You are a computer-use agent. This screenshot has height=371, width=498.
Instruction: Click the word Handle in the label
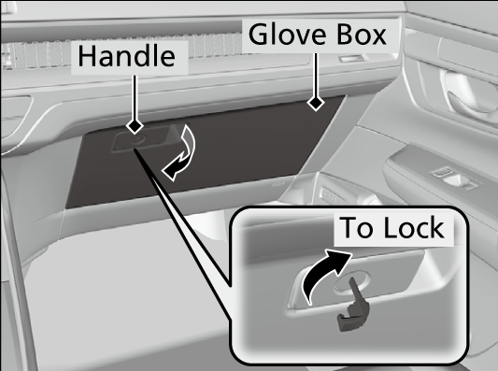[x=126, y=56]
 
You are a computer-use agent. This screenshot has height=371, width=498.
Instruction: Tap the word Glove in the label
[x=288, y=34]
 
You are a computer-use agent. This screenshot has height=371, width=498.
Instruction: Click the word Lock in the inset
[x=414, y=227]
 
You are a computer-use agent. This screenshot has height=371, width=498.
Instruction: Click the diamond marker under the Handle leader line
[x=135, y=126]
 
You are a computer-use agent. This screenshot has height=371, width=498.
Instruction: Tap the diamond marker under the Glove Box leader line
[x=316, y=103]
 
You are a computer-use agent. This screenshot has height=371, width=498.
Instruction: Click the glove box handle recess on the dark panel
[x=143, y=140]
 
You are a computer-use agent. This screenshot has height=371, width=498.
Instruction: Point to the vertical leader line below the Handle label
[x=135, y=97]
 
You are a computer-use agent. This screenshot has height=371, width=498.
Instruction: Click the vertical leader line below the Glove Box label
[x=316, y=75]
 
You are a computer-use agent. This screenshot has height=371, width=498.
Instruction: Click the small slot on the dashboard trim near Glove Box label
[x=351, y=58]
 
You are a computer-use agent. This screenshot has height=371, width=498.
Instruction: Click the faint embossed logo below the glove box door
[x=278, y=183]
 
